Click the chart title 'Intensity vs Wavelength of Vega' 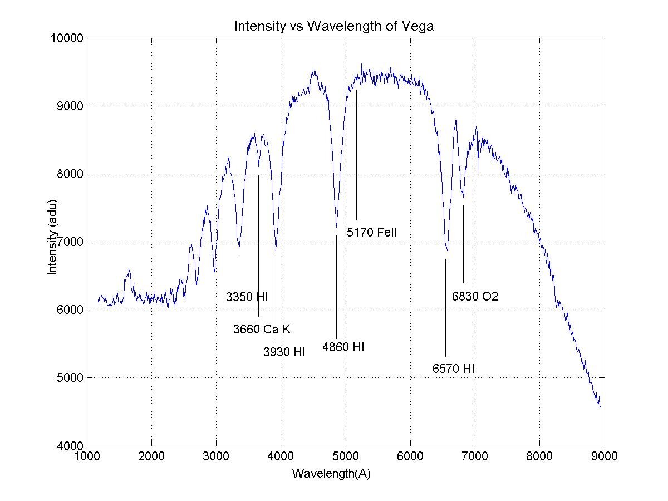[333, 26]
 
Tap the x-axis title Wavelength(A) [331, 474]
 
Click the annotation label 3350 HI [247, 297]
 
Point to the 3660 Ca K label [262, 329]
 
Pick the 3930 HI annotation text [284, 352]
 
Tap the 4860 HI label [343, 347]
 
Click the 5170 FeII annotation [372, 233]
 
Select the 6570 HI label [453, 369]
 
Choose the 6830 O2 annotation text [475, 297]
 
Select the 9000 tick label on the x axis [605, 456]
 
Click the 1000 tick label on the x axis [87, 456]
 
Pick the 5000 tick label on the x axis [346, 456]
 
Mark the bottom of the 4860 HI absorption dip [336, 227]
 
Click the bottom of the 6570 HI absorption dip [446, 250]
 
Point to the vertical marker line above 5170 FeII [356, 156]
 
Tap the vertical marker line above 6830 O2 [463, 245]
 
